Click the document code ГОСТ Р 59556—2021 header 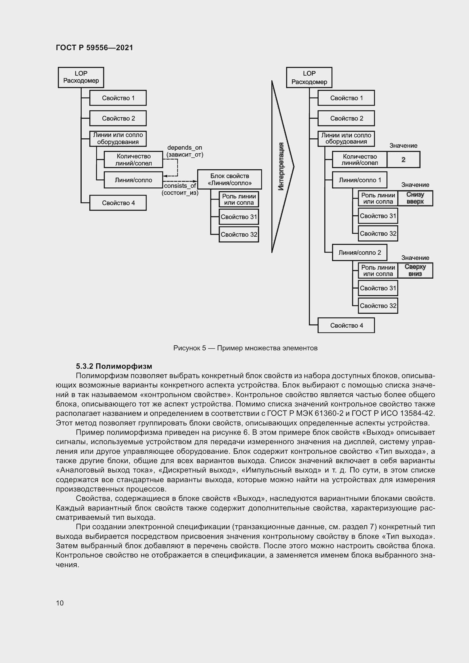click(x=94, y=48)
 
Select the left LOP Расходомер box click(x=81, y=77)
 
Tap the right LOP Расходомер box click(x=309, y=77)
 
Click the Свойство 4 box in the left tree click(x=118, y=203)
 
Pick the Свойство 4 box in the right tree click(x=346, y=325)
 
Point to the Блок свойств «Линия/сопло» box click(x=230, y=179)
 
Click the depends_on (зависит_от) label click(x=185, y=151)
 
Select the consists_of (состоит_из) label click(x=180, y=189)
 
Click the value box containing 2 click(x=403, y=159)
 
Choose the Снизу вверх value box click(x=415, y=198)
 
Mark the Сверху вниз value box click(x=415, y=271)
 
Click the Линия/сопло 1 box click(x=360, y=180)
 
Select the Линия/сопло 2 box click(x=360, y=253)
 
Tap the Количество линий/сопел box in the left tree click(x=134, y=159)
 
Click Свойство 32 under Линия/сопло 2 click(x=378, y=306)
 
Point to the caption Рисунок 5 click(x=245, y=348)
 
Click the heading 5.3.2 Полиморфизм click(x=114, y=366)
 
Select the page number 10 click(x=60, y=603)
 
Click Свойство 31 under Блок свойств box click(x=238, y=217)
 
